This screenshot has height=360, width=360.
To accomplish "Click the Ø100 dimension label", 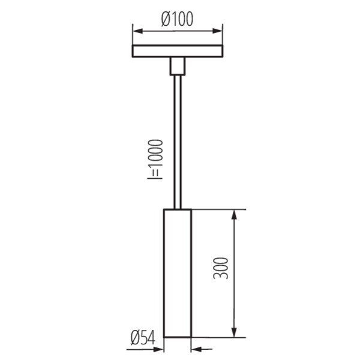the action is pyautogui.click(x=177, y=19).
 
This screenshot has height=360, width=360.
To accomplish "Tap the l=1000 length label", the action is pyautogui.click(x=155, y=159).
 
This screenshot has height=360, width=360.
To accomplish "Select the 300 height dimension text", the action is pyautogui.click(x=221, y=268).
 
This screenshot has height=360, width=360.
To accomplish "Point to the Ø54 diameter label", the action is pyautogui.click(x=143, y=338).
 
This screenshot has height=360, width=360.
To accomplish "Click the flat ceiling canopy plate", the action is pyautogui.click(x=178, y=51).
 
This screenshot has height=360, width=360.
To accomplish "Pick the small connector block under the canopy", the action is pyautogui.click(x=178, y=66).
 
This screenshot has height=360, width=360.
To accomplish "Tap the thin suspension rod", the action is pyautogui.click(x=178, y=142).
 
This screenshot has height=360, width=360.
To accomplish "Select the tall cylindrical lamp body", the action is pyautogui.click(x=178, y=273).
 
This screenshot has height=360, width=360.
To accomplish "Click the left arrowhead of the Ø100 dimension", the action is pyautogui.click(x=138, y=31).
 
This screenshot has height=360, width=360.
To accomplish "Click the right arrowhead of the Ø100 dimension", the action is pyautogui.click(x=217, y=31).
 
